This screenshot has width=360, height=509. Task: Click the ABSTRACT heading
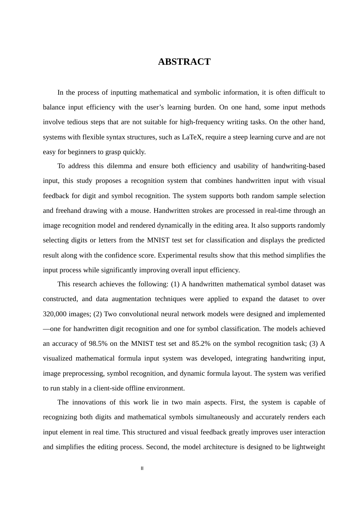click(x=184, y=62)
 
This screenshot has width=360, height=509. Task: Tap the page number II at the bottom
click(x=142, y=468)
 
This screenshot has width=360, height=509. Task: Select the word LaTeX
click(x=192, y=137)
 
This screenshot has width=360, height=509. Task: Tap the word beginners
click(x=72, y=152)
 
